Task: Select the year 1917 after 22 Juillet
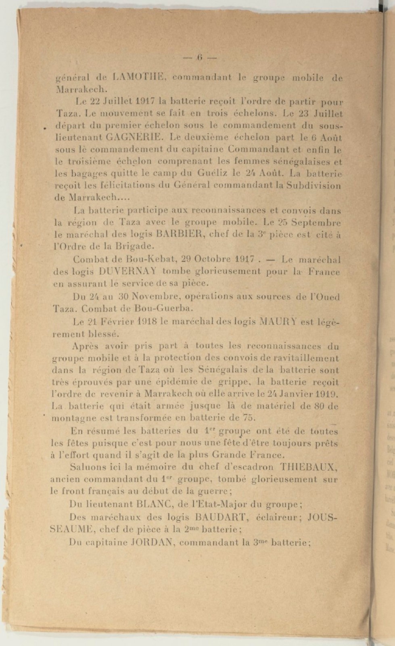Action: pyautogui.click(x=146, y=100)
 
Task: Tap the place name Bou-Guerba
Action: pyautogui.click(x=159, y=309)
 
